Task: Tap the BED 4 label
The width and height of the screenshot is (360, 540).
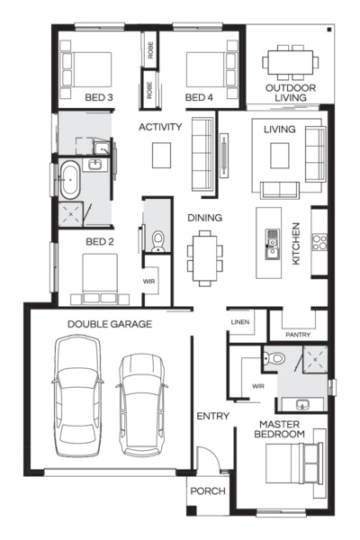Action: pyautogui.click(x=198, y=97)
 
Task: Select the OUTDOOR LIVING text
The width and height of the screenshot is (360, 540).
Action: pyautogui.click(x=290, y=93)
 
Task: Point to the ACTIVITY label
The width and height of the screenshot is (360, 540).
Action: pyautogui.click(x=160, y=127)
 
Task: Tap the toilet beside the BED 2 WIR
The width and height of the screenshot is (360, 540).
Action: pyautogui.click(x=158, y=239)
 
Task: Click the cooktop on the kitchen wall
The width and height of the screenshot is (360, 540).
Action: pyautogui.click(x=318, y=241)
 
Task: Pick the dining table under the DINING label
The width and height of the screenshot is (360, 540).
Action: pyautogui.click(x=204, y=253)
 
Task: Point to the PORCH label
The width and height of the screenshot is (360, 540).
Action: pyautogui.click(x=206, y=491)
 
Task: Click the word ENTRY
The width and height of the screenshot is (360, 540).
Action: pyautogui.click(x=212, y=416)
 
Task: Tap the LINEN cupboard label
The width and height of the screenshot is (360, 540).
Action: pyautogui.click(x=239, y=321)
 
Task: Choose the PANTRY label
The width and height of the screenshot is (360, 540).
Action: pyautogui.click(x=297, y=334)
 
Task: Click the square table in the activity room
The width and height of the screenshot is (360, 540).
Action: pyautogui.click(x=162, y=156)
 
